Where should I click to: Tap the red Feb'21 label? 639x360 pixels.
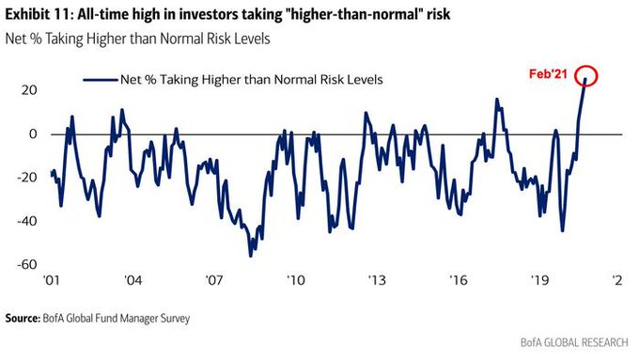(548, 74)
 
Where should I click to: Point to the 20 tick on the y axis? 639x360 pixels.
(29, 90)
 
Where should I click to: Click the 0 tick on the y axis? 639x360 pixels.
(33, 134)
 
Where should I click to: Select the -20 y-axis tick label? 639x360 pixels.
(27, 178)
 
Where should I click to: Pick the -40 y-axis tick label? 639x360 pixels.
(27, 221)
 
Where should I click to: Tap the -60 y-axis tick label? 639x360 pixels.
(27, 265)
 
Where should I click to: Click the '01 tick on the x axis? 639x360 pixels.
(51, 280)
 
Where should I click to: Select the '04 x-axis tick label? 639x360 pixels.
(132, 280)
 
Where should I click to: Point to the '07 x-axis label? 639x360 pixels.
(213, 280)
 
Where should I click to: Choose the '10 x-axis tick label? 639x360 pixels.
(295, 280)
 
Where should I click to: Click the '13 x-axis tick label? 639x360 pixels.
(377, 280)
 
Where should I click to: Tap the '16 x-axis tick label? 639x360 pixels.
(458, 280)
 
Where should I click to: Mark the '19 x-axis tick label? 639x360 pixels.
(539, 280)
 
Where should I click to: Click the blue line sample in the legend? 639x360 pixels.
(101, 80)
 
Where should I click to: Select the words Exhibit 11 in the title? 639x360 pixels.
(38, 15)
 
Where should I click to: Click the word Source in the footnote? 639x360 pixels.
(22, 318)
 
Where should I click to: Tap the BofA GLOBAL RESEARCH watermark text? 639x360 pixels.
(574, 342)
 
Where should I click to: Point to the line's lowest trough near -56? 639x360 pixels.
(250, 256)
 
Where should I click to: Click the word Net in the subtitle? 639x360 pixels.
(15, 39)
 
